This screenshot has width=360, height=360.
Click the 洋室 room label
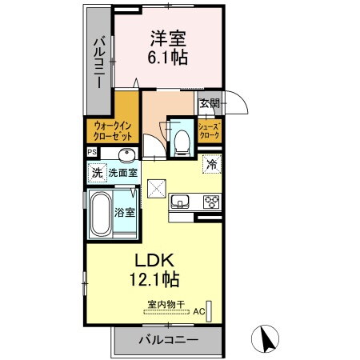tap(168, 37)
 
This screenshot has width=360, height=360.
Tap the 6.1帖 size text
tap(168, 58)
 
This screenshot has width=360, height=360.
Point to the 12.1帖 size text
tap(150, 280)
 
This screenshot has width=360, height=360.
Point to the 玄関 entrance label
tap(209, 103)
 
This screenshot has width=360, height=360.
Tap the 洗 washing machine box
tap(96, 171)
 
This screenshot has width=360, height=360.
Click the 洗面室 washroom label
tap(123, 171)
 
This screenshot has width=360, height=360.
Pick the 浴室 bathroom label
tap(125, 213)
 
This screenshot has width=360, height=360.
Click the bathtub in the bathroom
tap(99, 214)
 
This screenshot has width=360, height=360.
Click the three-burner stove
tap(211, 201)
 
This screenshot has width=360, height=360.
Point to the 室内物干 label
tap(166, 304)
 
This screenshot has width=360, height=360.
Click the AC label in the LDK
tap(197, 312)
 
